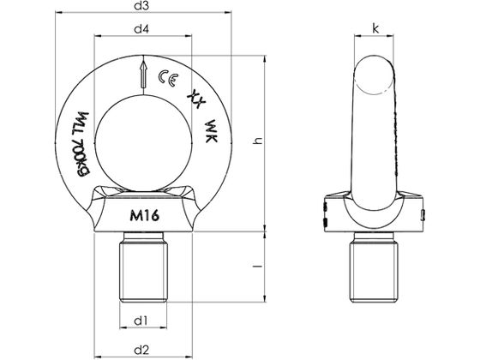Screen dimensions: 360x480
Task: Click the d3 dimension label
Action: [142, 7]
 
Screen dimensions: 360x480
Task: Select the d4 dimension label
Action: [142, 30]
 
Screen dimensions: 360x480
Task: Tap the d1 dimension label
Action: [142, 321]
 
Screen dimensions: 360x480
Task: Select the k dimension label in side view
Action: [375, 28]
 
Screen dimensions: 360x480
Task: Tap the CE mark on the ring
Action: [169, 82]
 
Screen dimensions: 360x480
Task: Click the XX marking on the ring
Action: [195, 97]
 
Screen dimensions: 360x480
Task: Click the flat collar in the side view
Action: [376, 217]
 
